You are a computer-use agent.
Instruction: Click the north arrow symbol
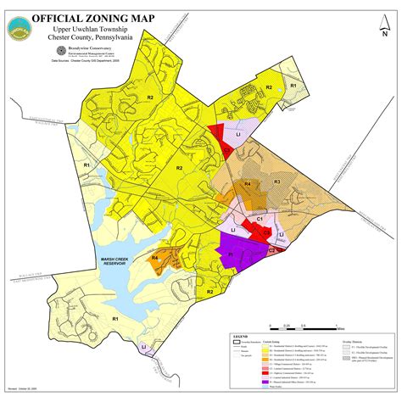[x=360, y=24]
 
